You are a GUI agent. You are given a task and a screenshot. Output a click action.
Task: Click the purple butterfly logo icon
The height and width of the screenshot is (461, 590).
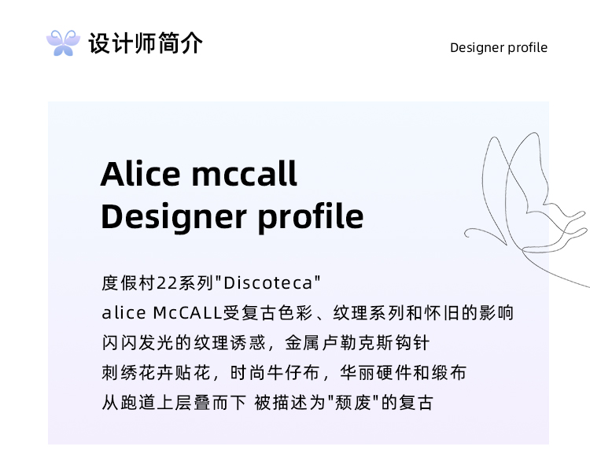63,43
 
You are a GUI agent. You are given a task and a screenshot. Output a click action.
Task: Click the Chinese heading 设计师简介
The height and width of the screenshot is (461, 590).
146,43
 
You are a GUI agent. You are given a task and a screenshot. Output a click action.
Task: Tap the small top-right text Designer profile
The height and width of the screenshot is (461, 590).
499,48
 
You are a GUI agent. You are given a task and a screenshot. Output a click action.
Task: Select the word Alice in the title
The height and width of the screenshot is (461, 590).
141,174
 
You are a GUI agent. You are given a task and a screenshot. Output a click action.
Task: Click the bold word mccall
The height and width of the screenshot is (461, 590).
245,174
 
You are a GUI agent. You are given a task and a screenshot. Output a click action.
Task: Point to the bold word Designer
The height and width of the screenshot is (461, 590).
174,217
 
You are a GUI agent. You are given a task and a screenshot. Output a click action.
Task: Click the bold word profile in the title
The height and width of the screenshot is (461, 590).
311,217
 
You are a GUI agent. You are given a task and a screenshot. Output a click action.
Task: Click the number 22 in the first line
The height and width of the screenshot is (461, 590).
167,283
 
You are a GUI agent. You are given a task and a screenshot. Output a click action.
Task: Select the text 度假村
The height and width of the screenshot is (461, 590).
129,283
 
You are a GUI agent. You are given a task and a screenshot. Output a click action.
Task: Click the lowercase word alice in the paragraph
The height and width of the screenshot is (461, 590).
124,313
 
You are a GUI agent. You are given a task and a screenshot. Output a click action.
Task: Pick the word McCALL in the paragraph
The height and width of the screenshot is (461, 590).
188,313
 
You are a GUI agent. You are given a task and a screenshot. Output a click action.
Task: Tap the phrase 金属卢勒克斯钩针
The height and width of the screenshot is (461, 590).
357,343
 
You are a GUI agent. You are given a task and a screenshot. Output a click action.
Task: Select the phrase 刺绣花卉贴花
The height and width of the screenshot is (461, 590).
156,373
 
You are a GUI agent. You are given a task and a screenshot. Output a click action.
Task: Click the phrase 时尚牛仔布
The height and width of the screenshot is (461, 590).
275,373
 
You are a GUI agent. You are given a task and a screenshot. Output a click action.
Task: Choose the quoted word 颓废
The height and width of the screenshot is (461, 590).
353,403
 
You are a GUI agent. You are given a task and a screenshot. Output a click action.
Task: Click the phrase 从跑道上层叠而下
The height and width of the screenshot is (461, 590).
174,403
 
